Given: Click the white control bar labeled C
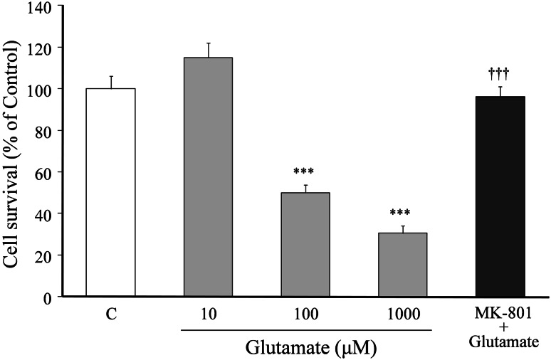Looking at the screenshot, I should (110, 192).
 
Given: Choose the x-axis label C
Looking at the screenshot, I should (110, 313).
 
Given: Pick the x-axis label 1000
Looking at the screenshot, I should (402, 313).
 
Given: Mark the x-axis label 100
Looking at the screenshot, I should (305, 313).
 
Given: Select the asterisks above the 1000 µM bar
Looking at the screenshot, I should (402, 213).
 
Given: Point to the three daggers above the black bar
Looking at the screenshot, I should (500, 73).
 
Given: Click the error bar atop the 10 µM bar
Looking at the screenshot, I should (208, 50).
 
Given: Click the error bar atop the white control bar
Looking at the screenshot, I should (110, 82).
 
